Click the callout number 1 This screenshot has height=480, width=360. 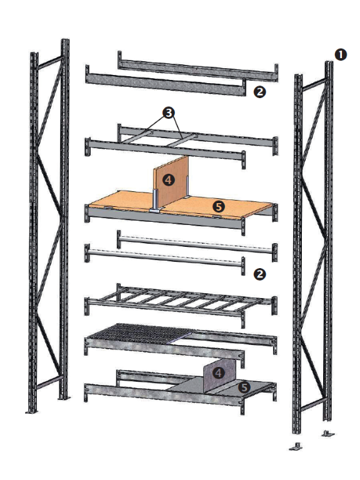coord(341,55)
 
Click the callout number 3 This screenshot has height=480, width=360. coord(168,113)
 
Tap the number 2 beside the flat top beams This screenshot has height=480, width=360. coord(259,92)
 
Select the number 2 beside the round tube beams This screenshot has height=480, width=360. coord(259,274)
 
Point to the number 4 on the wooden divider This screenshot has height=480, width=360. coord(168,180)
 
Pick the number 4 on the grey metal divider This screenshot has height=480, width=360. coord(218,373)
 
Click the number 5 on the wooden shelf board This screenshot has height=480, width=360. coord(219,207)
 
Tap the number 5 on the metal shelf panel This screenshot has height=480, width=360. coord(244,387)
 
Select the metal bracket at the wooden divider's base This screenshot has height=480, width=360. coord(156,202)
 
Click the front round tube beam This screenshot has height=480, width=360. coord(165,257)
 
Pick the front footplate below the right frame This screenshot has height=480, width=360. coord(296,447)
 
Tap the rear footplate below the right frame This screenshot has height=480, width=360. coord(328,433)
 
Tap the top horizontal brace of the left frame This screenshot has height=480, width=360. coord(49,62)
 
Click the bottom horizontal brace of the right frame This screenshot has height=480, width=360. coord(312,404)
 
